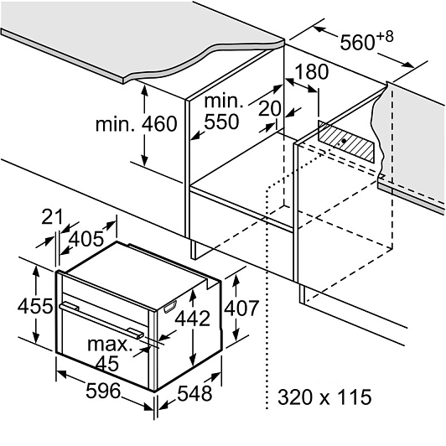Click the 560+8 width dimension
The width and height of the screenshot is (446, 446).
tap(367, 41)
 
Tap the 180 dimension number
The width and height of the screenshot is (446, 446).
tap(312, 72)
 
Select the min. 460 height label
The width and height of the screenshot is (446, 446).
tap(137, 124)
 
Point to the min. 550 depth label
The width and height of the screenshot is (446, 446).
tap(223, 111)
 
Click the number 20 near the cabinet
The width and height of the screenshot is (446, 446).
tap(269, 108)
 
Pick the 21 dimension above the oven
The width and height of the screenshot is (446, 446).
tap(52, 217)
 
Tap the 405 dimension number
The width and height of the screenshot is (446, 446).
tap(86, 239)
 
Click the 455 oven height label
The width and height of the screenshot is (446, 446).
tap(35, 306)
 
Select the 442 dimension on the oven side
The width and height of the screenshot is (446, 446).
tap(192, 319)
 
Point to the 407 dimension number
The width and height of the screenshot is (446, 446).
tap(241, 308)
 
